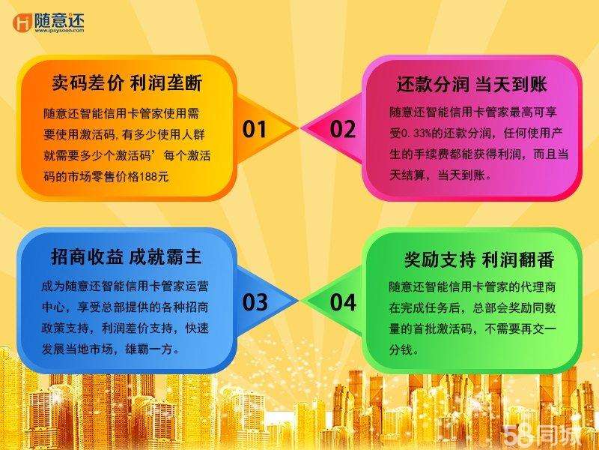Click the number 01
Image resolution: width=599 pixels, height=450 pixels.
pos(255,130)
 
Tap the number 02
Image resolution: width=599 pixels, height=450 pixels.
pos(343,130)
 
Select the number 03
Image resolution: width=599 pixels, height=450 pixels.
pos(255,302)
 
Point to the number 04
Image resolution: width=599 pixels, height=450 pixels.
pos(343,302)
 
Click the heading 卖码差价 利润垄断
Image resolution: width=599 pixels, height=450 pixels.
pos(127,81)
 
